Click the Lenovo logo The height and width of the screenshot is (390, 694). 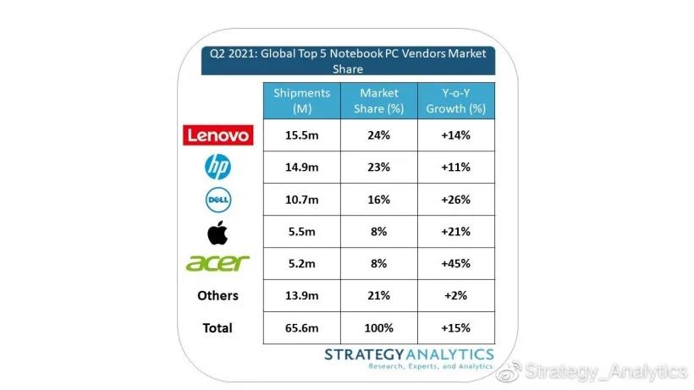218,135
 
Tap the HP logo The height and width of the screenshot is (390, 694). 218,168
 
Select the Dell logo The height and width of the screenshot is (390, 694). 218,200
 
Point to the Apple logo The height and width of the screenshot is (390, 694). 218,231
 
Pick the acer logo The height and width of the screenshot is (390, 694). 218,263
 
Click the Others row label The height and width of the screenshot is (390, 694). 218,295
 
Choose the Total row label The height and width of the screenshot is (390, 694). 218,327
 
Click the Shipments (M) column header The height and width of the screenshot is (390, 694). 302,101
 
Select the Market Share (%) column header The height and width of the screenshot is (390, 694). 378,101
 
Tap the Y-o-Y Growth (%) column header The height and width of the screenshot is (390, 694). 455,101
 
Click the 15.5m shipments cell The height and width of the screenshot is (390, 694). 302,135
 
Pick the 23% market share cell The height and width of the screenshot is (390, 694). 378,168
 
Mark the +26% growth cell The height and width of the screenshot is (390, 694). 455,200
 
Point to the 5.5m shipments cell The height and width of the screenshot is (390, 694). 302,231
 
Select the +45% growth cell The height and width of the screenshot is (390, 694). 455,263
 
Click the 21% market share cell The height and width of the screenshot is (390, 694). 378,295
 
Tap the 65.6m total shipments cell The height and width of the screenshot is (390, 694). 302,327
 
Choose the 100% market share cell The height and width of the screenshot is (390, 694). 378,327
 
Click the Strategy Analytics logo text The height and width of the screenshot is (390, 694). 409,354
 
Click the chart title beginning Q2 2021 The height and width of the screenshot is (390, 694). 348,61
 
